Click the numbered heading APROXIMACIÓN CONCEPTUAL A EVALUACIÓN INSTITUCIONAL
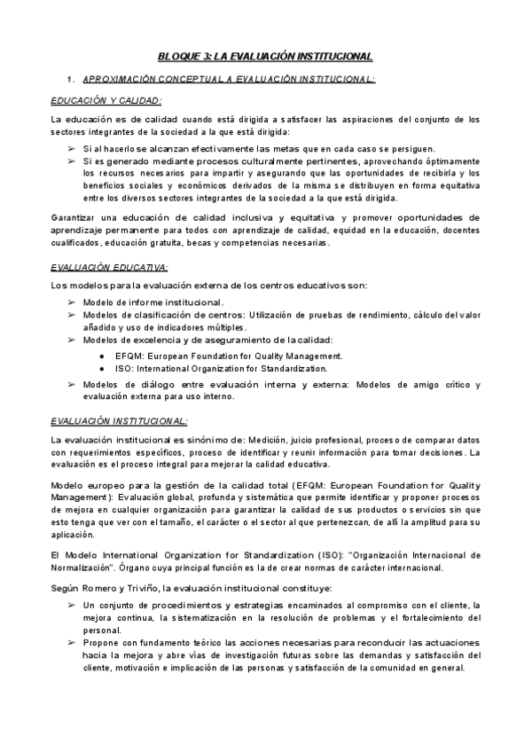pos(228,80)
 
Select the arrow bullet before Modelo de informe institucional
pos(72,302)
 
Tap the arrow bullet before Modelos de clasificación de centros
pos(72,315)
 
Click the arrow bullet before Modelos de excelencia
pos(72,340)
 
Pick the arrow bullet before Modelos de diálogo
pos(72,384)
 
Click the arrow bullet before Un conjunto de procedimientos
pos(72,604)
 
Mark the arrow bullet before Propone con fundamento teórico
pos(72,642)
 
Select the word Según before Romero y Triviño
pos(66,587)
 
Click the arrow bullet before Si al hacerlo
pos(72,148)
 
